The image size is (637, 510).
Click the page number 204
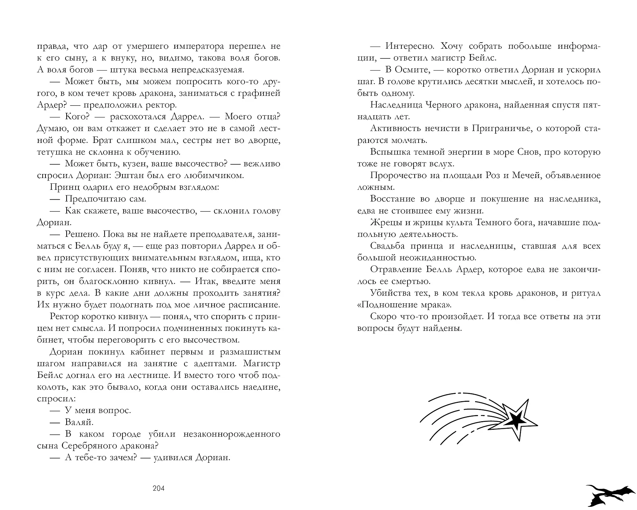(x=158, y=488)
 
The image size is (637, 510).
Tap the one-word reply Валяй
(x=79, y=422)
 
